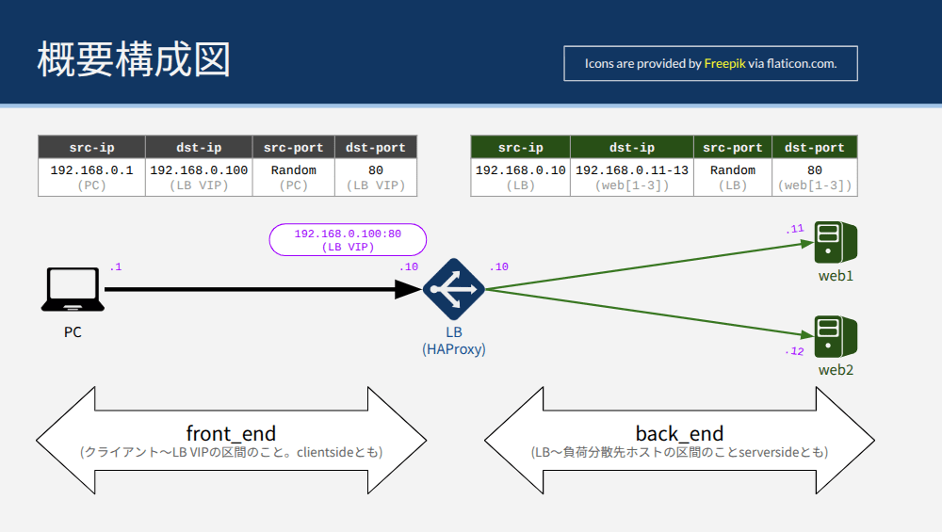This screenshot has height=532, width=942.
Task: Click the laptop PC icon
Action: click(73, 289)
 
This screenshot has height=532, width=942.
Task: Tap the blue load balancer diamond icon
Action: click(454, 289)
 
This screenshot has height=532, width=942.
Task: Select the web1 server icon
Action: click(836, 242)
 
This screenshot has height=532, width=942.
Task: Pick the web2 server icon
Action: click(836, 336)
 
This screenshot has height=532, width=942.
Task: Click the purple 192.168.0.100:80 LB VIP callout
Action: click(348, 239)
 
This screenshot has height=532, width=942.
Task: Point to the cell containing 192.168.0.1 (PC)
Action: click(92, 177)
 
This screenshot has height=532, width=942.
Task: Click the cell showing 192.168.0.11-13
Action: click(632, 177)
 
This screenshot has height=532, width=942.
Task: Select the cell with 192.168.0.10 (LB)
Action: click(520, 177)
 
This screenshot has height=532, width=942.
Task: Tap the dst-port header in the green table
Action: click(815, 147)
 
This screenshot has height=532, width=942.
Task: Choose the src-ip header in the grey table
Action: click(92, 147)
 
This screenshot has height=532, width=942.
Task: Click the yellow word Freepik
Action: click(724, 64)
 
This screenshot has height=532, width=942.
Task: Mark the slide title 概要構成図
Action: click(134, 59)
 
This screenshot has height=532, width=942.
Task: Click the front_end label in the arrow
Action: click(232, 433)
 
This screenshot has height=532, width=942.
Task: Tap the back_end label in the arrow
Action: click(679, 433)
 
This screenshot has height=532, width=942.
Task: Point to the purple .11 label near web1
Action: click(794, 229)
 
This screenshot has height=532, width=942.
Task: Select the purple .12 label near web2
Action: click(794, 351)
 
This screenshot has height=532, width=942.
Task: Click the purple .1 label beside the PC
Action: click(115, 266)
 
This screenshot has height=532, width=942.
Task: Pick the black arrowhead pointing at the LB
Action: click(409, 289)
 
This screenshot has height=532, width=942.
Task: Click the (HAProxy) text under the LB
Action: click(454, 349)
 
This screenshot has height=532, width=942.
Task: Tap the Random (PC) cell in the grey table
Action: click(293, 177)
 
